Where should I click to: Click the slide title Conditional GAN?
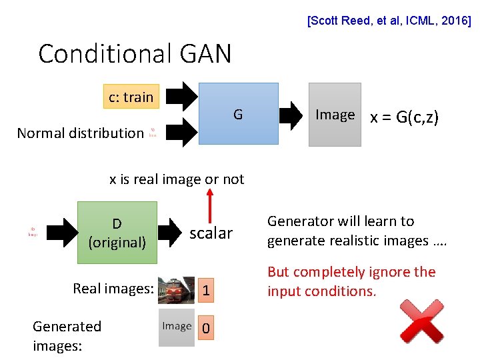[135, 53]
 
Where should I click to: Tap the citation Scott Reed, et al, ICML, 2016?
[389, 21]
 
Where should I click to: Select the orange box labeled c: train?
[131, 97]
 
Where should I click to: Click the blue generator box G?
[238, 113]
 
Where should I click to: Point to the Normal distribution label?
[80, 133]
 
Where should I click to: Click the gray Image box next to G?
[335, 114]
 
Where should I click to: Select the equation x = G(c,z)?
[404, 118]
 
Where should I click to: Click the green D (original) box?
[117, 233]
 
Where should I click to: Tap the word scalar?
[211, 233]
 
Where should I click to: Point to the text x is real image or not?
[177, 179]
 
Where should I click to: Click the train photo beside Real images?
[177, 289]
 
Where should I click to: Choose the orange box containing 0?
[207, 328]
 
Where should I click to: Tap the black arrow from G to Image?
[291, 115]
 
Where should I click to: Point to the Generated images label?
[67, 335]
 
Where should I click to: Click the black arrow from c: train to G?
[181, 95]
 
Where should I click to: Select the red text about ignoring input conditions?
[351, 281]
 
